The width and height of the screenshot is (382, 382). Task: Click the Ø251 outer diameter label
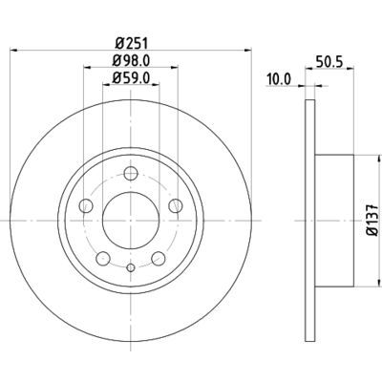point(127,41)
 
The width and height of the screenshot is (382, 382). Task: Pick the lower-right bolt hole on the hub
point(156,258)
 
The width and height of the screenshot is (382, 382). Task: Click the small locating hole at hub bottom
point(128,270)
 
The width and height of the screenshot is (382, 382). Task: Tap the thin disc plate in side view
point(308,220)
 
